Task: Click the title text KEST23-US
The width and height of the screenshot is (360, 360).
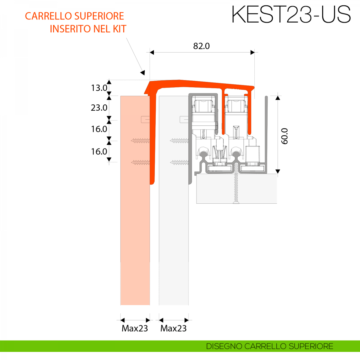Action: click(x=291, y=14)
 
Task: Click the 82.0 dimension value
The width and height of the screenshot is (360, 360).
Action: click(x=201, y=46)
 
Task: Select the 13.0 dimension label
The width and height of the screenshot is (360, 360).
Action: click(x=99, y=88)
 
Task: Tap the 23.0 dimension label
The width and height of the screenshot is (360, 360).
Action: click(x=99, y=107)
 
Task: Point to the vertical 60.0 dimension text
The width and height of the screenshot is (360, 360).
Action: click(x=284, y=136)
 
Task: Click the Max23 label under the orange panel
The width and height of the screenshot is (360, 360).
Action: click(x=135, y=328)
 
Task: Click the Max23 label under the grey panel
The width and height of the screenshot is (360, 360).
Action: click(x=173, y=328)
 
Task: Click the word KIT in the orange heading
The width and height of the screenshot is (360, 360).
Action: click(x=119, y=29)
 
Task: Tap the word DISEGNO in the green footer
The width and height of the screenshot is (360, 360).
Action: click(x=224, y=346)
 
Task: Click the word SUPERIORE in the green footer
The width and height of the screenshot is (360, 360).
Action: click(x=311, y=346)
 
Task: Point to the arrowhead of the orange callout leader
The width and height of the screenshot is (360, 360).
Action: click(x=143, y=72)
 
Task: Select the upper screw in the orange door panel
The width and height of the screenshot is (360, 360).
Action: click(x=140, y=140)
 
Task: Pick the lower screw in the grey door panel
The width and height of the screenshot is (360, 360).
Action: click(x=179, y=163)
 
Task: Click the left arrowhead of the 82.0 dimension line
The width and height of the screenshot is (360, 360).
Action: click(x=152, y=52)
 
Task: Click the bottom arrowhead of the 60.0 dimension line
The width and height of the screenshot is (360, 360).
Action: click(x=277, y=171)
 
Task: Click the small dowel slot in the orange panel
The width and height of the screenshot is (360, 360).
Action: click(x=145, y=120)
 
